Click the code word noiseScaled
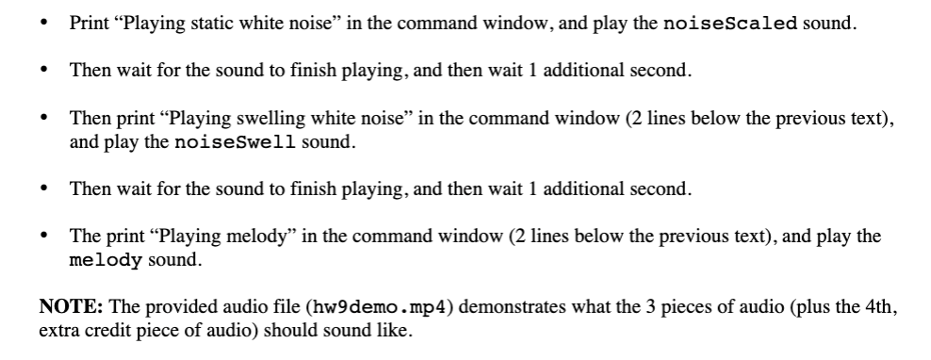pyautogui.click(x=731, y=23)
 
